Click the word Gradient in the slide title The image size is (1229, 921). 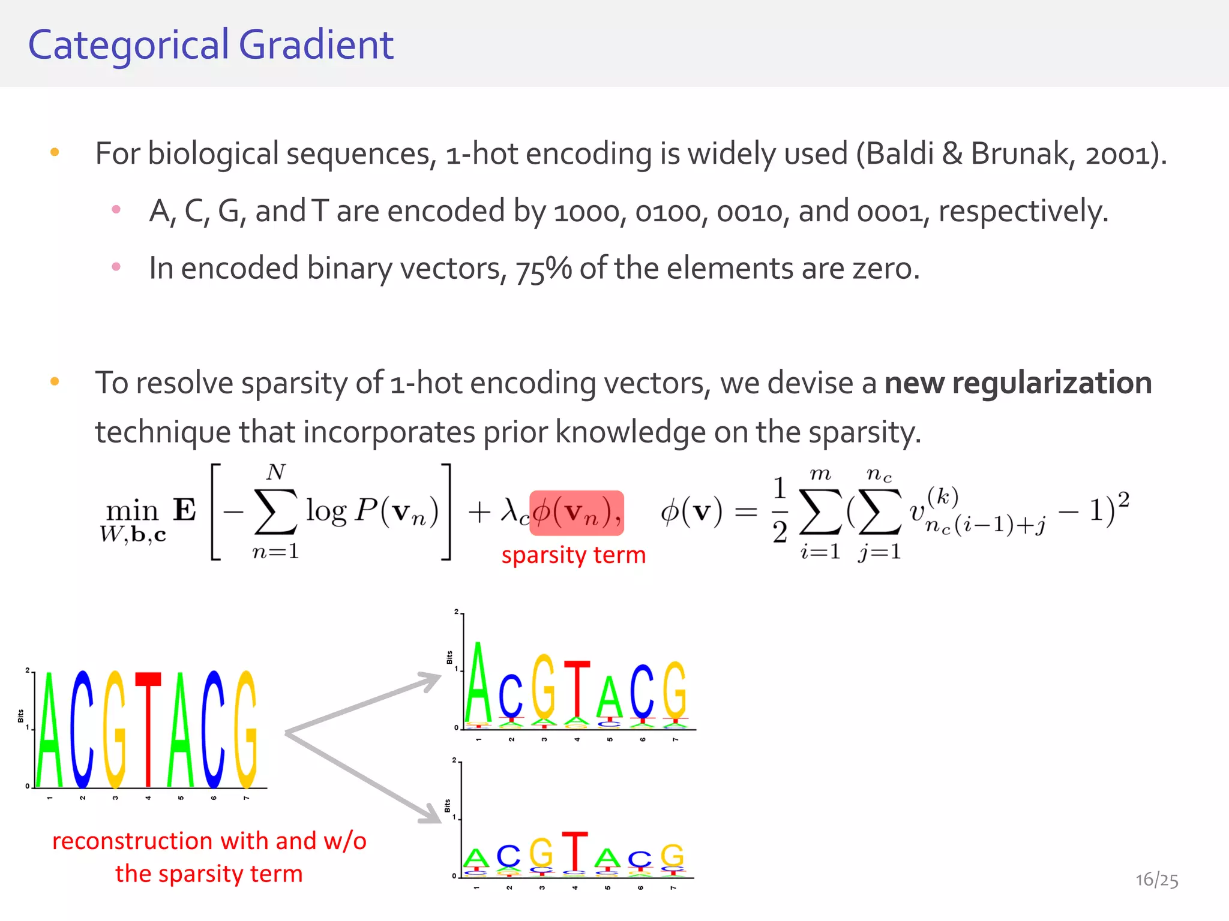click(x=316, y=45)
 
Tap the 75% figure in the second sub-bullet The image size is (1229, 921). click(x=543, y=269)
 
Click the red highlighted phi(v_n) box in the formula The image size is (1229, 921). click(x=577, y=513)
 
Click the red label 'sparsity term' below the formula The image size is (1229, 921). click(x=574, y=555)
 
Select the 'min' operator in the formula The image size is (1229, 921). click(x=132, y=511)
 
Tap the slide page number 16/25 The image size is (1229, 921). click(x=1156, y=880)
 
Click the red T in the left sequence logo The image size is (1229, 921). click(x=148, y=729)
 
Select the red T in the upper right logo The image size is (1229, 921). click(x=577, y=690)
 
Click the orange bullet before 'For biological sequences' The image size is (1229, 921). click(x=55, y=152)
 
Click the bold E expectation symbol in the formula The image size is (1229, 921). click(x=184, y=510)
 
